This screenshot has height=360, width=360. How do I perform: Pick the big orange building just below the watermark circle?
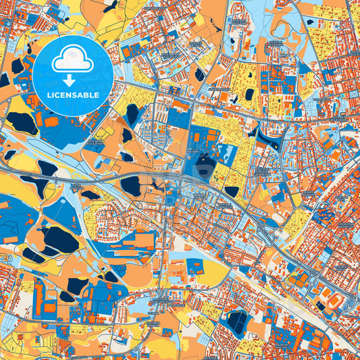click(x=51, y=121)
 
